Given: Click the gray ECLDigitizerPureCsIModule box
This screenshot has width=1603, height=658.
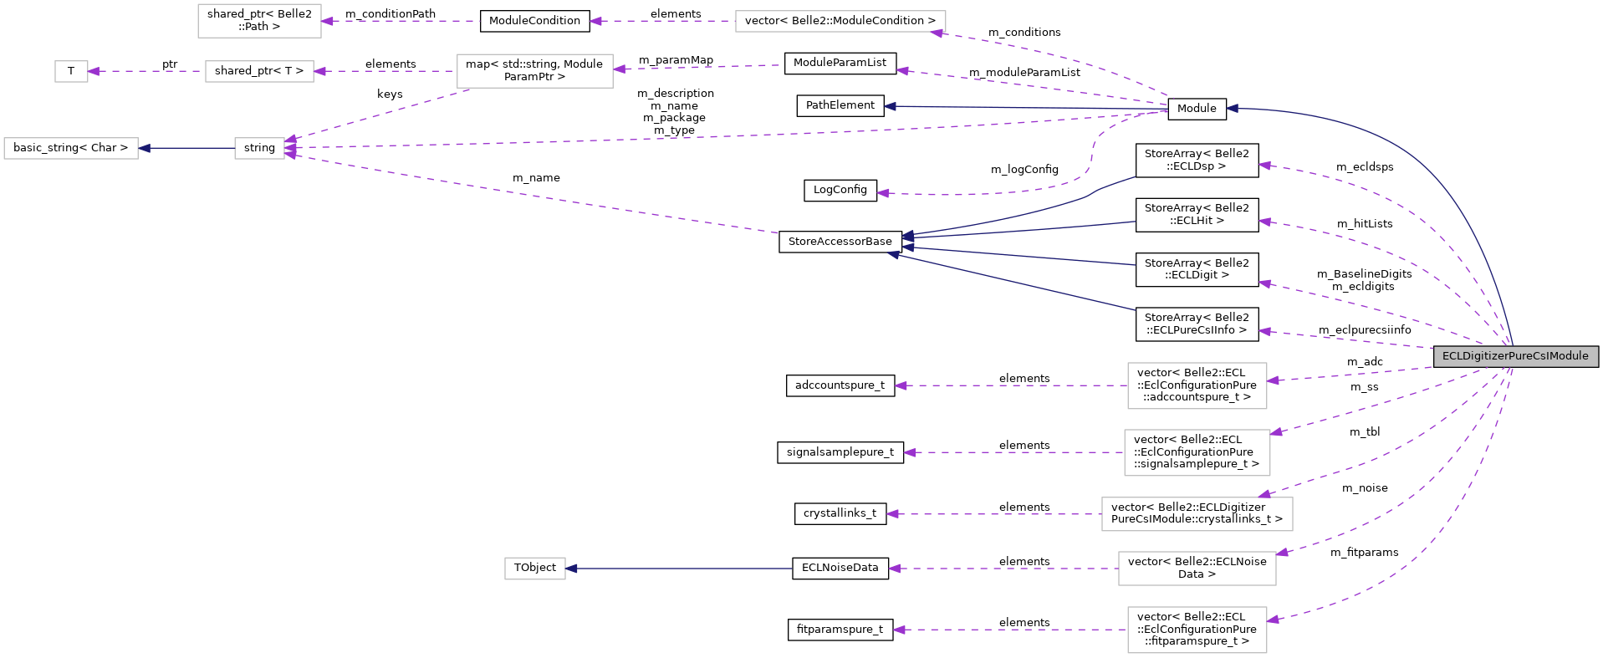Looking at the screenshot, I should (x=1515, y=356).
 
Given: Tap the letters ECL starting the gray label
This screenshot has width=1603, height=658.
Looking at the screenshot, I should (x=1451, y=356).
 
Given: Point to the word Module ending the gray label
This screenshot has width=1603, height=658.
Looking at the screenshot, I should (x=1570, y=356).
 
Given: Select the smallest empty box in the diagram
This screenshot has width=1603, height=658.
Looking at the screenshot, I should (x=71, y=71).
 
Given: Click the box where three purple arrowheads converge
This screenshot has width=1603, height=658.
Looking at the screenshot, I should (x=259, y=148).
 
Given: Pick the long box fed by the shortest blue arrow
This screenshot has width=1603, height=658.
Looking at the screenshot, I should (x=71, y=148).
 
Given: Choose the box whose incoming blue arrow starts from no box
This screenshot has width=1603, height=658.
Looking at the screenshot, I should (x=535, y=569).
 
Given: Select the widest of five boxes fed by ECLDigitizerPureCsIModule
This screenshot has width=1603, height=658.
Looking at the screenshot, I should (x=1197, y=514).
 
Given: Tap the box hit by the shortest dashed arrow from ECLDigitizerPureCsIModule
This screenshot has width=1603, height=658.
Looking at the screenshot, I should (x=1197, y=385).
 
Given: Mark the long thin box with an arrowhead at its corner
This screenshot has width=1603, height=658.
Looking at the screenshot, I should (x=840, y=21).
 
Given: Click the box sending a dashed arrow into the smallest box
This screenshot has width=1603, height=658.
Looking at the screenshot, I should (x=259, y=71).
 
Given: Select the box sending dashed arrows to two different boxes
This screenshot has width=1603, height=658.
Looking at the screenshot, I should (x=535, y=71).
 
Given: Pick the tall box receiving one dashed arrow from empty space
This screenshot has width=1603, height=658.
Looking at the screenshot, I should (x=259, y=21).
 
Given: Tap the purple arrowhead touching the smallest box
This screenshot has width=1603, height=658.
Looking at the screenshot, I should (x=94, y=71).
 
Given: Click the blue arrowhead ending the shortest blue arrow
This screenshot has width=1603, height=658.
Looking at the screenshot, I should (x=145, y=148).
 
